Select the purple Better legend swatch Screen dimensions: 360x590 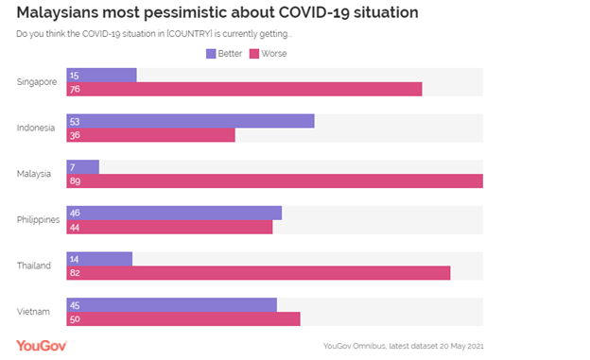pos(211,54)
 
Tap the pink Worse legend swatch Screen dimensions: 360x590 pos(254,54)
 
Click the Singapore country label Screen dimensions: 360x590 pos(38,81)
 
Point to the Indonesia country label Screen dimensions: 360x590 pos(37,128)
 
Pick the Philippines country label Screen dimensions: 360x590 pos(38,219)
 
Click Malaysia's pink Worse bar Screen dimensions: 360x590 pos(274,180)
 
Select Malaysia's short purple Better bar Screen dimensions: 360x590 pos(83,166)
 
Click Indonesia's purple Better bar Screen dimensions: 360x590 pos(190,121)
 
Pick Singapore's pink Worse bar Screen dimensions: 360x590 pos(244,89)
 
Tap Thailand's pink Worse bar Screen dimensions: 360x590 pos(258,273)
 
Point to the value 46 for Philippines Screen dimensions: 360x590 pos(75,213)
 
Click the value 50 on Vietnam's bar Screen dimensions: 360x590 pos(75,319)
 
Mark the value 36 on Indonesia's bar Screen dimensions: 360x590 pos(75,135)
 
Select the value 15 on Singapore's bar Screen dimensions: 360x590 pos(75,75)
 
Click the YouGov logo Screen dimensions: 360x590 pos(43,344)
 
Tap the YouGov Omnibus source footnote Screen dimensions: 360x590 pos(403,346)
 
